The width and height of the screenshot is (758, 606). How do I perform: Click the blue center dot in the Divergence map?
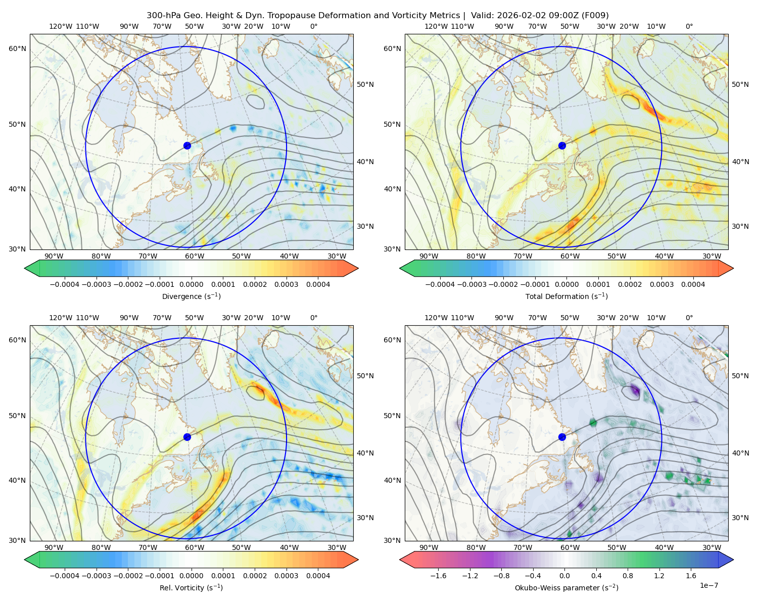coord(187,145)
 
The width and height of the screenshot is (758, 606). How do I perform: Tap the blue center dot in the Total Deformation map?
coord(562,145)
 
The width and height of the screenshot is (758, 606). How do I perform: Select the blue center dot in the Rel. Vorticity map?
coord(187,437)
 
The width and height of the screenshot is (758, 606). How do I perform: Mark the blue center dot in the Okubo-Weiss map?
coord(562,437)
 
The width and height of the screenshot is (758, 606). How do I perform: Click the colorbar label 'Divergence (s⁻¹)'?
coord(191,296)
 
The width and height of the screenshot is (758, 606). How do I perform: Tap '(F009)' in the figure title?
coord(595,16)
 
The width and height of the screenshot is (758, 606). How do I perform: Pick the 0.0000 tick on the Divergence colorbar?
coord(191,284)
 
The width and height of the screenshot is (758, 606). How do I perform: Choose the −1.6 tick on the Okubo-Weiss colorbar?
coord(439,576)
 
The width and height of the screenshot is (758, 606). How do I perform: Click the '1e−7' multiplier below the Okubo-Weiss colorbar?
coord(708,586)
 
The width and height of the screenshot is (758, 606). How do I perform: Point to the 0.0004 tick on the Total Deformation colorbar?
coord(693,284)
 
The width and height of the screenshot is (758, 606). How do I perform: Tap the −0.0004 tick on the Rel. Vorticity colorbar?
coord(65,576)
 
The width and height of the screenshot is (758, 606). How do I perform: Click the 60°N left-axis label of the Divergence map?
coord(17,48)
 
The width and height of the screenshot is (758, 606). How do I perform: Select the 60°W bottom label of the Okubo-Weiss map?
coord(570,547)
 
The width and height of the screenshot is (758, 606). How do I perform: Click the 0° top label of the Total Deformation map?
coord(689,26)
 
